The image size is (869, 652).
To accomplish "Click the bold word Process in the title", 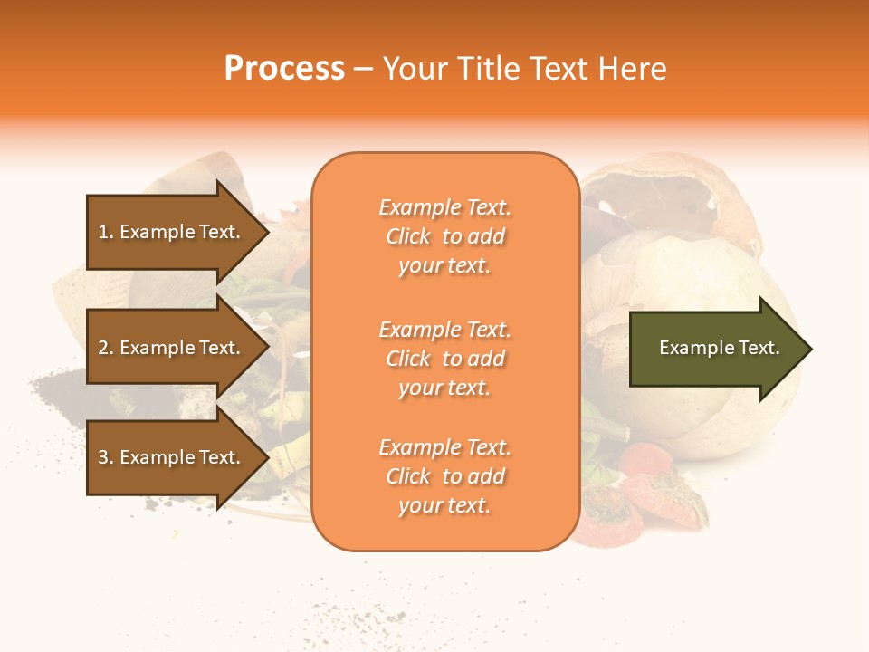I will pos(284,69).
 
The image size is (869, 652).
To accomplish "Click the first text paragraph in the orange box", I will pos(444,236).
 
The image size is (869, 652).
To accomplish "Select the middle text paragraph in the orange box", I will pos(444,359).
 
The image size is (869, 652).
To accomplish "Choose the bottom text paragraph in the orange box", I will pos(444,476).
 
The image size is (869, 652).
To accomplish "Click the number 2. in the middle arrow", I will pos(106,348).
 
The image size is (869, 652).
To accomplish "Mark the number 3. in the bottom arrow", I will pos(106,457).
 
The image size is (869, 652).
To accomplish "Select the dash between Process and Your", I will pos(363,69).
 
